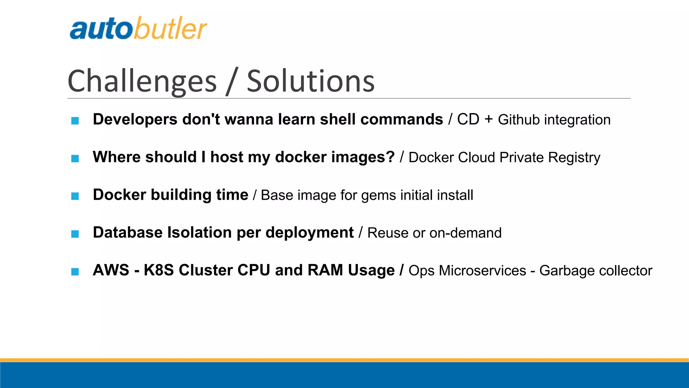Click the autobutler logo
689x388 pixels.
click(138, 28)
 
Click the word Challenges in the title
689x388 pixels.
click(142, 81)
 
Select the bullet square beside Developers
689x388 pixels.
click(75, 121)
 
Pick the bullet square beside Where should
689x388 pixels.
click(75, 158)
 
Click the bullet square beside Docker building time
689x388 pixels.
click(75, 196)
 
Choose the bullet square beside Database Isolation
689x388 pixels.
click(75, 234)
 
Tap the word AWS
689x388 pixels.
click(111, 270)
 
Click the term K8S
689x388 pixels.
click(158, 270)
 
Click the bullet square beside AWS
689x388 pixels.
click(75, 271)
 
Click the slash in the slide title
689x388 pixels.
click(232, 81)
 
